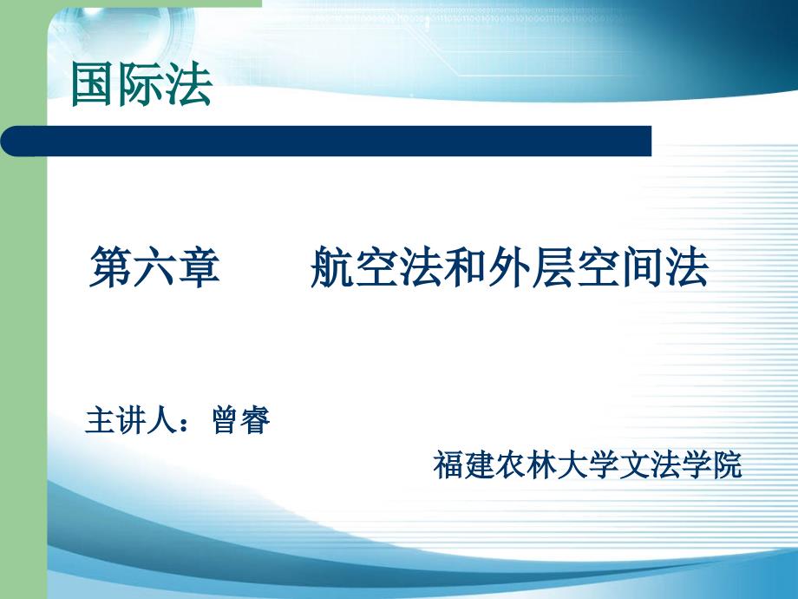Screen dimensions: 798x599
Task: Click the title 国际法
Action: coord(141,84)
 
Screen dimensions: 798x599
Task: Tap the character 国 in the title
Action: coord(93,84)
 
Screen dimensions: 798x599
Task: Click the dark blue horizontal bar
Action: coord(326,142)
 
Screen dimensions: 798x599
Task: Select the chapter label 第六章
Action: coord(154,267)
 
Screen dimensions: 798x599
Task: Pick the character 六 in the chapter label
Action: coord(154,267)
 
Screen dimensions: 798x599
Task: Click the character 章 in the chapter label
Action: coord(199,267)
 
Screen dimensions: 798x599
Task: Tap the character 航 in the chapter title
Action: coord(332,267)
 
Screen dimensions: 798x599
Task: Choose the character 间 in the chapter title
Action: coord(642,267)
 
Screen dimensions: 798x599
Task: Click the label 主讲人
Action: coord(131,420)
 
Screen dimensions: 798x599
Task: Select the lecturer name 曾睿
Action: coord(241,420)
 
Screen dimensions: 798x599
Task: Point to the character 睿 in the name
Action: coord(256,420)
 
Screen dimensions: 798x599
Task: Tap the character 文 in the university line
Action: coord(633,464)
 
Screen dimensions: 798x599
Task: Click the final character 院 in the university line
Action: coord(727,464)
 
